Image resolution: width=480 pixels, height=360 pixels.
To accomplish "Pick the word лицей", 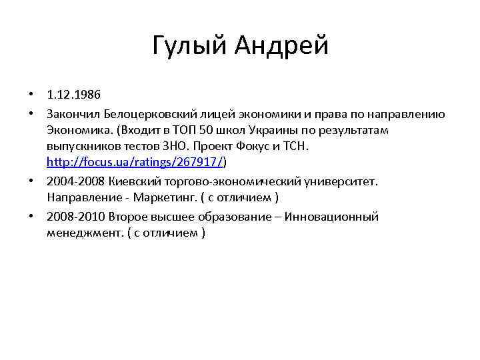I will (215, 111).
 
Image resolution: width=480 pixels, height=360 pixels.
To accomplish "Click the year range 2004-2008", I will (75, 181).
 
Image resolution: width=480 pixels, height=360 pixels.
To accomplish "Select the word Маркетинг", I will (163, 198).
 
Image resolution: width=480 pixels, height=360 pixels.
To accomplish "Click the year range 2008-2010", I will (75, 216).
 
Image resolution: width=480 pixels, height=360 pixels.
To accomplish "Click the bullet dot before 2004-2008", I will (31, 181).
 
